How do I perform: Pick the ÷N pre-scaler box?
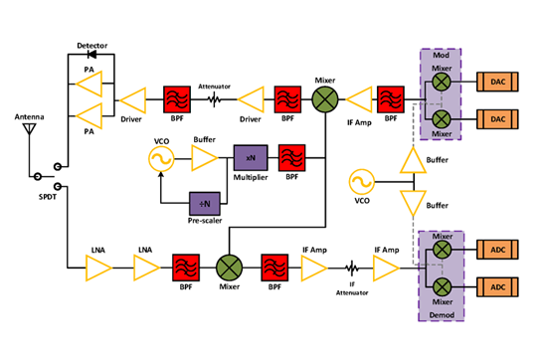(x=205, y=202)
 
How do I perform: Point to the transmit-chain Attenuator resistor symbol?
(x=214, y=99)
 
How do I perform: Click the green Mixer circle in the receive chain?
(x=230, y=268)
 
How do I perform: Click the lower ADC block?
(x=497, y=288)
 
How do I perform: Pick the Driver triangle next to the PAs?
(x=132, y=99)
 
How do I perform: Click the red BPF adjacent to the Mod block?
(x=389, y=99)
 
